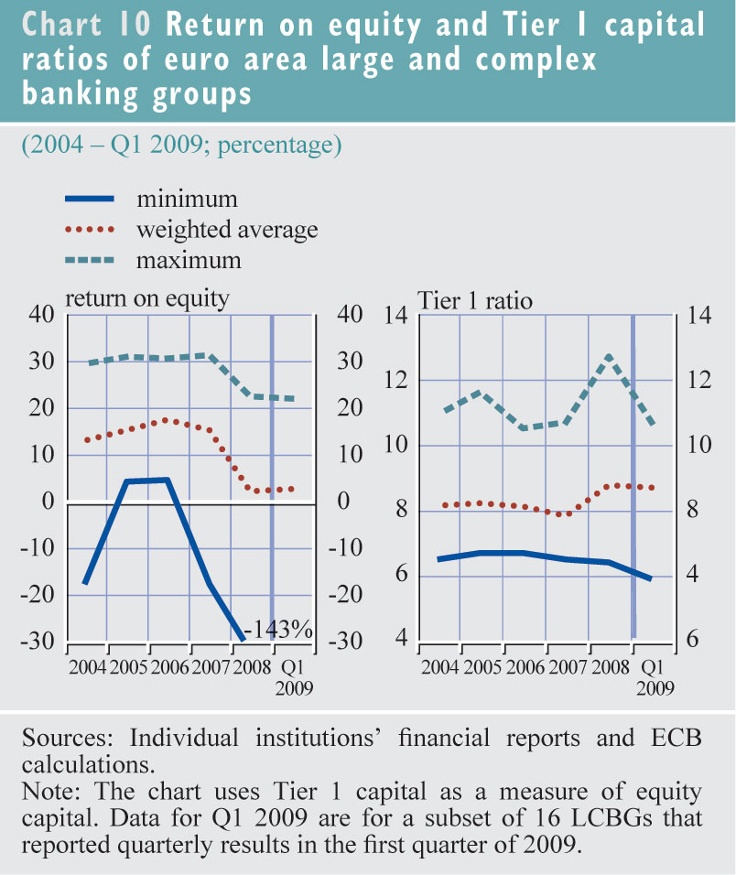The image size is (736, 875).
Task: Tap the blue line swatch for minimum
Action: click(x=89, y=200)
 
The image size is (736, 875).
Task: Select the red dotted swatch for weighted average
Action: click(x=89, y=229)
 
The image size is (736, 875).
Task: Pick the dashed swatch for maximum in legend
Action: click(x=89, y=260)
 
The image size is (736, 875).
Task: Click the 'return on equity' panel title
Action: click(x=146, y=298)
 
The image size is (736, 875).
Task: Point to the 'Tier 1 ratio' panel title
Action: click(x=475, y=299)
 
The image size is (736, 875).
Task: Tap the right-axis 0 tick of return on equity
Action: click(x=345, y=502)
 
